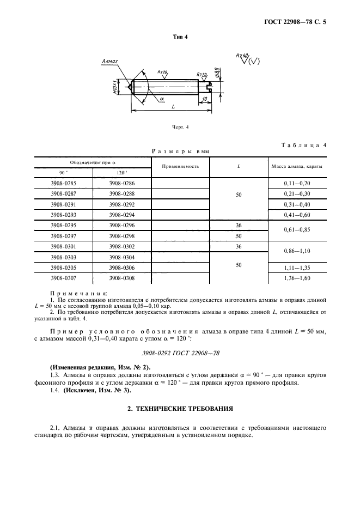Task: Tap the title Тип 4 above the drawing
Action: click(x=180, y=37)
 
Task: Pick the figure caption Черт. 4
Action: click(x=180, y=127)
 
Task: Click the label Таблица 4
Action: click(x=303, y=145)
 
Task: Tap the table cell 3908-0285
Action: click(x=64, y=184)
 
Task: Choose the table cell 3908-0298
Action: click(x=121, y=235)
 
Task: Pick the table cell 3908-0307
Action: click(x=64, y=278)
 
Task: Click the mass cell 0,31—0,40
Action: click(x=296, y=204)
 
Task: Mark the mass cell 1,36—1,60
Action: click(x=296, y=278)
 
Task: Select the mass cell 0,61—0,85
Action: click(x=296, y=230)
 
